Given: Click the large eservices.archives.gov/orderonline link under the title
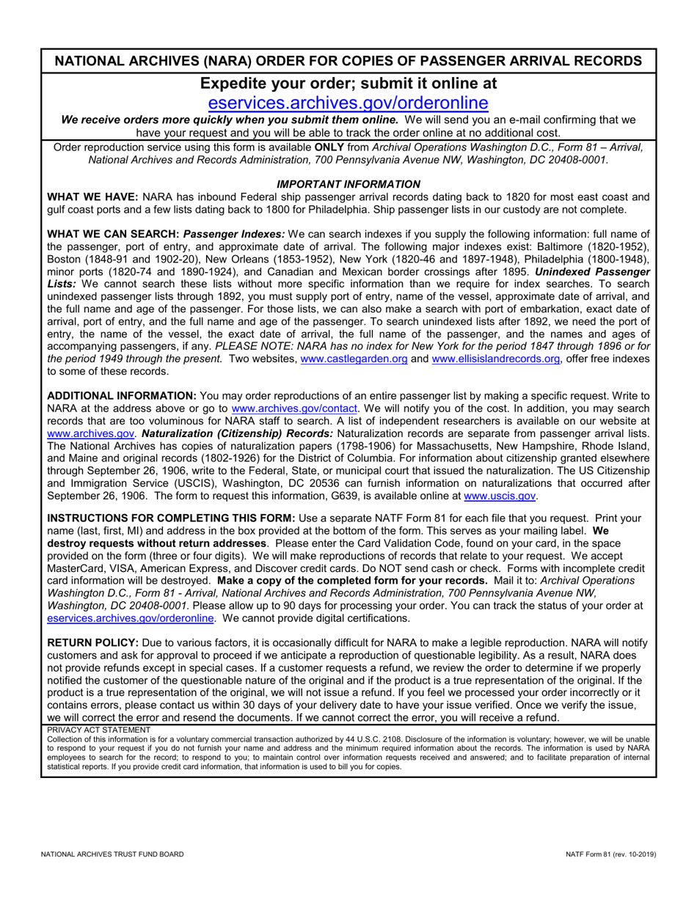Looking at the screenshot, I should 348,103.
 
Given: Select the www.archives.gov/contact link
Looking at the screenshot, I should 294,408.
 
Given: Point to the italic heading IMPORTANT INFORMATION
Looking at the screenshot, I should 348,184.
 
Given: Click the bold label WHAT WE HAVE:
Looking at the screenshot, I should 92,197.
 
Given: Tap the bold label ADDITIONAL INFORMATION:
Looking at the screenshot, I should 122,396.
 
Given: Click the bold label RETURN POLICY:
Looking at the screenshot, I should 93,642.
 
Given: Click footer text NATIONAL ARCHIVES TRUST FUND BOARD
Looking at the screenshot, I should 112,854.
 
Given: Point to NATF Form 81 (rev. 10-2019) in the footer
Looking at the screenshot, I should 610,854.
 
